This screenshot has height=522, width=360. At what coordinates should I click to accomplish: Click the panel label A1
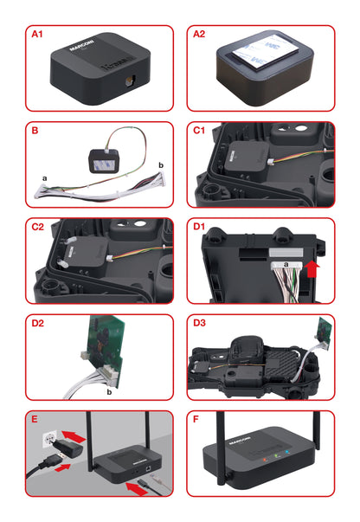pyautogui.click(x=36, y=35)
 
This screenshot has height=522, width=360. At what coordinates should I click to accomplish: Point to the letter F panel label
pyautogui.click(x=196, y=422)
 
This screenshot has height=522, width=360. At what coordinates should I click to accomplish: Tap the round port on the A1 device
pyautogui.click(x=130, y=83)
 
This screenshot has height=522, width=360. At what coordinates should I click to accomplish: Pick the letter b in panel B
pyautogui.click(x=159, y=163)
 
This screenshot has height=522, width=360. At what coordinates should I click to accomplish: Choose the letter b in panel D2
pyautogui.click(x=109, y=391)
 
